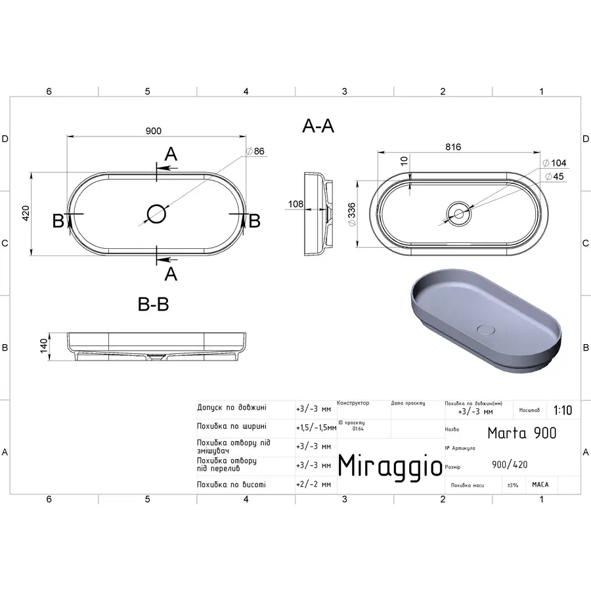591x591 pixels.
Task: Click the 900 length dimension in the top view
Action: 153,131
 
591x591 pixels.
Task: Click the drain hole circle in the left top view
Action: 156,213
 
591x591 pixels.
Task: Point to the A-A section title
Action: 318,127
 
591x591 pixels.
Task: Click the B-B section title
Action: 153,305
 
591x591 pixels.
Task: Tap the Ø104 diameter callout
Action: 554,163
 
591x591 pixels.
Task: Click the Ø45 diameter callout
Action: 554,176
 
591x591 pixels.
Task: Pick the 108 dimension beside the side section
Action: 295,204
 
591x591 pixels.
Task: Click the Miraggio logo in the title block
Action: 389,466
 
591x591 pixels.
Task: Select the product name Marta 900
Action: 521,433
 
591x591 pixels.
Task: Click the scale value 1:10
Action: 562,411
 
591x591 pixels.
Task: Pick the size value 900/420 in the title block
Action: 509,465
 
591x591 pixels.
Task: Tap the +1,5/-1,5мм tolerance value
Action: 316,427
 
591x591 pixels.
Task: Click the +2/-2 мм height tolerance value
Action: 313,485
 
